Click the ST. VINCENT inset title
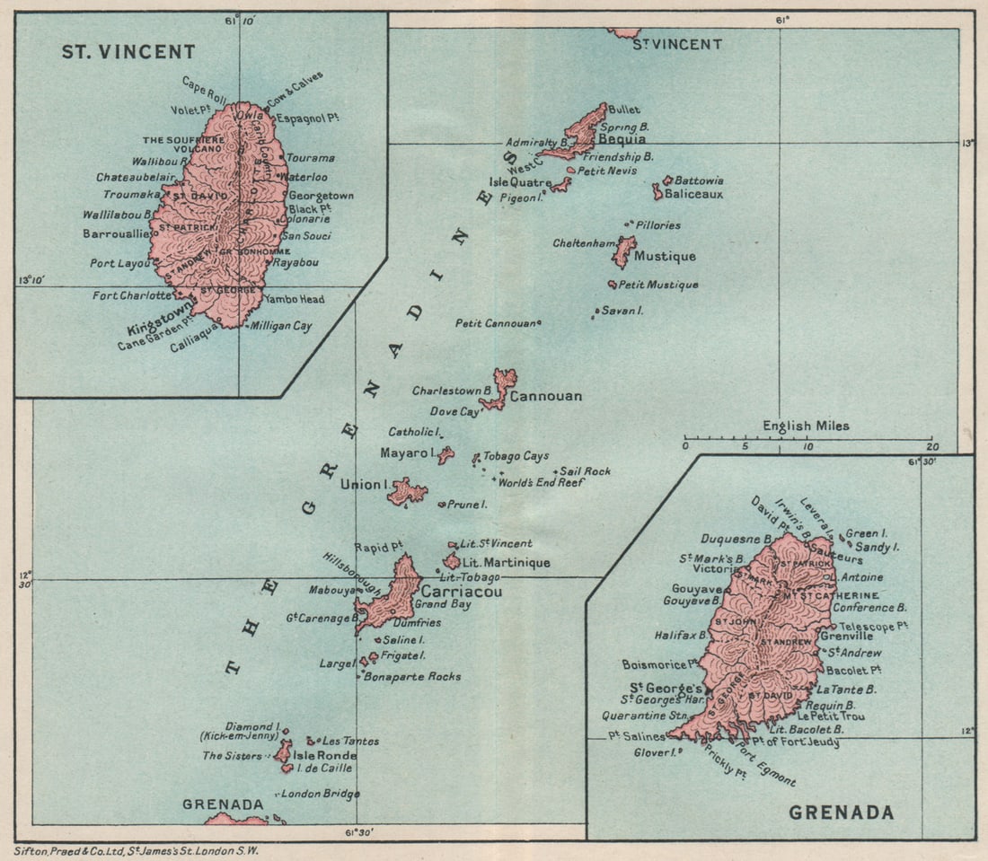coord(128,52)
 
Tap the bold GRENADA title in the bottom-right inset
coord(841,813)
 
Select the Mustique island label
coord(665,257)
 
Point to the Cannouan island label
coord(546,396)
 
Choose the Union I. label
coord(363,485)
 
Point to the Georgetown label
coord(321,195)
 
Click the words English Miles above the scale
coord(806,426)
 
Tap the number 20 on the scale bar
coord(934,446)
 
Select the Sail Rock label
coord(586,470)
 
